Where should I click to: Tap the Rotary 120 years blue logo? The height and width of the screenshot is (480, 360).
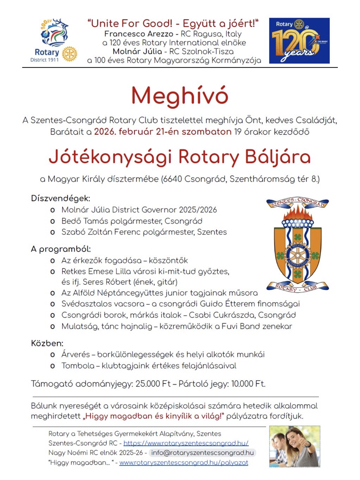[x=299, y=41]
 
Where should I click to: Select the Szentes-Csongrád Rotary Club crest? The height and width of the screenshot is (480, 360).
[x=297, y=245]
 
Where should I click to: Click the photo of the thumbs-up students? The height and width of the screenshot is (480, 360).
[x=294, y=446]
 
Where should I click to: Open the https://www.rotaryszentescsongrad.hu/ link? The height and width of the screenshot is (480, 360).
[x=186, y=443]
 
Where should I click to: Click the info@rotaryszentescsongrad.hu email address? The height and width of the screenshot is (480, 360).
[x=202, y=453]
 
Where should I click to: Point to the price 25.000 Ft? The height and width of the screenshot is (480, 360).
[x=153, y=384]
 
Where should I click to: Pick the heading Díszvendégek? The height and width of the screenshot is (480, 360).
[x=60, y=198]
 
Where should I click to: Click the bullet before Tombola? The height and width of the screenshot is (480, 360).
[x=53, y=366]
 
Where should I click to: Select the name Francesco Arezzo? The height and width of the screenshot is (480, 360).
[x=139, y=34]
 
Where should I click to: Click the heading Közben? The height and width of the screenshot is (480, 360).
[x=47, y=343]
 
